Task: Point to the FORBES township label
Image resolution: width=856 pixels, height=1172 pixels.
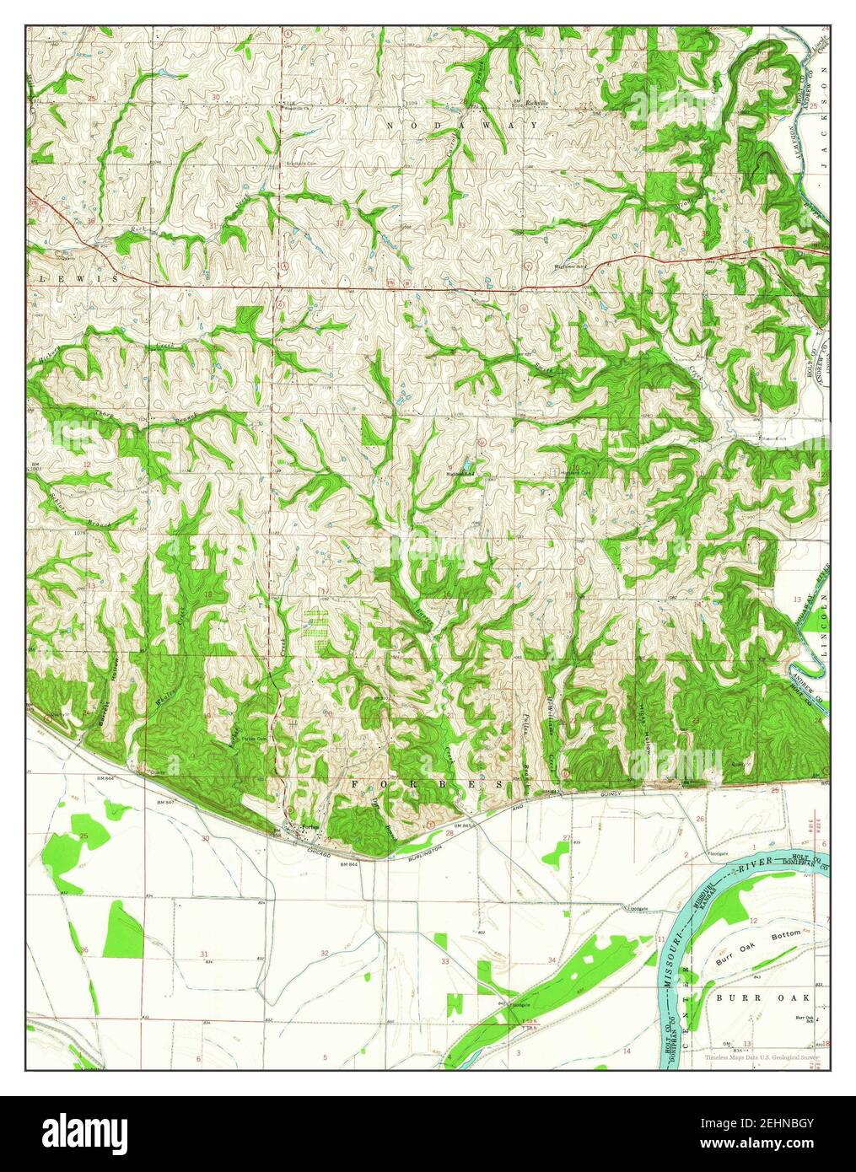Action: tap(428, 783)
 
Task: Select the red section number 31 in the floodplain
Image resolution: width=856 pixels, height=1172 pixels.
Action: tap(205, 954)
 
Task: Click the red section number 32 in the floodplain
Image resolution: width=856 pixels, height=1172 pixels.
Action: tap(325, 954)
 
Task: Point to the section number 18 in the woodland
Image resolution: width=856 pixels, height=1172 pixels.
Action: tap(207, 595)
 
